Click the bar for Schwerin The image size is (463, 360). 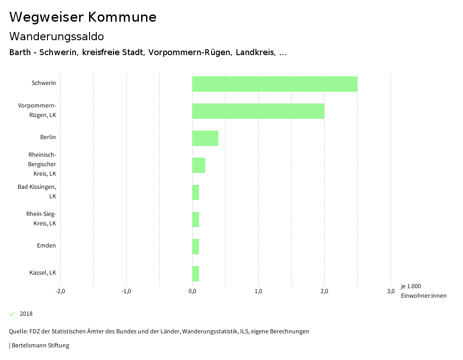(x=274, y=84)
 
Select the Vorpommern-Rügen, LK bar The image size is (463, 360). (x=258, y=111)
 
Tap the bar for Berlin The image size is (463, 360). (x=205, y=138)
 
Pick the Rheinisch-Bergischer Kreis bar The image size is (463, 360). (x=198, y=165)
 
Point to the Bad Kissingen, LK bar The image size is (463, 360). (x=195, y=192)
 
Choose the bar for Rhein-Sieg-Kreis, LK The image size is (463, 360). (x=195, y=220)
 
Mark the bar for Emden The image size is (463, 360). (x=195, y=247)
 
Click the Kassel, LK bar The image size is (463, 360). (x=195, y=274)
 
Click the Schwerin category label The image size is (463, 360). (x=44, y=83)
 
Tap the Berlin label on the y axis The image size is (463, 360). (x=48, y=137)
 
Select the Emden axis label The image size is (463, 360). (x=47, y=246)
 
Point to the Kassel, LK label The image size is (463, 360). (x=43, y=273)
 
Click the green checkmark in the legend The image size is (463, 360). (x=12, y=314)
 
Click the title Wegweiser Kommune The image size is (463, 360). (x=83, y=17)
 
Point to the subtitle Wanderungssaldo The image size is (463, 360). (x=57, y=36)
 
